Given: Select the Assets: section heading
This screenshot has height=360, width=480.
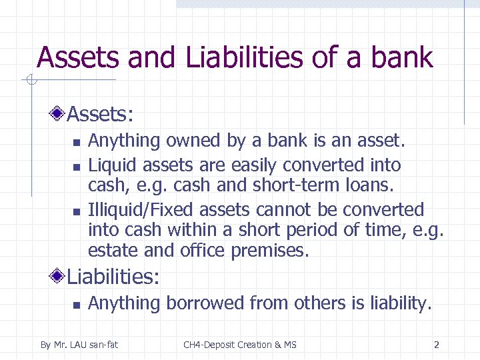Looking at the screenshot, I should coord(101,115).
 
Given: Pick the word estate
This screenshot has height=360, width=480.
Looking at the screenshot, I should coord(109,251).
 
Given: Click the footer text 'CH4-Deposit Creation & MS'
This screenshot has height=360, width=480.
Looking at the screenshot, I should coord(240,345).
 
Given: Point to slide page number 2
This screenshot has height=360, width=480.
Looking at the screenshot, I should coord(437,345).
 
